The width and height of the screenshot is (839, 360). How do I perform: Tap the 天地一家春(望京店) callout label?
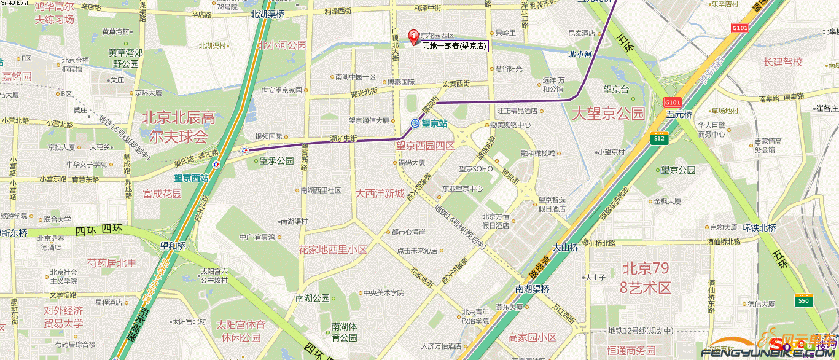tap(454, 45)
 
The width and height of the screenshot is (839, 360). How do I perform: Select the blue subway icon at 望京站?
tap(415, 123)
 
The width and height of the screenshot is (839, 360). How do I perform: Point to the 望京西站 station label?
tap(191, 178)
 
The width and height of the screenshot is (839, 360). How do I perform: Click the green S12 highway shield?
tap(659, 139)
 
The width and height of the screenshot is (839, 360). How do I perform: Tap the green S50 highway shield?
tap(803, 301)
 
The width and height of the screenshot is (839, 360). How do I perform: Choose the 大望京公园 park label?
tap(608, 113)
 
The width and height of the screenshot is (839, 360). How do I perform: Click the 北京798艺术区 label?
tap(647, 278)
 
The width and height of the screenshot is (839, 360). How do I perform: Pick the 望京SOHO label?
tap(476, 168)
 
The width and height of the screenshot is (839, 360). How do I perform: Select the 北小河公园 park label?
tap(282, 45)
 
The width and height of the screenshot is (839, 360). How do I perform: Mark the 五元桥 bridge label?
tap(679, 114)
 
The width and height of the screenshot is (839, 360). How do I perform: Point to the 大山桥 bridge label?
tap(565, 248)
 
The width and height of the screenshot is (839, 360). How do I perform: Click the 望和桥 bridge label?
tap(173, 246)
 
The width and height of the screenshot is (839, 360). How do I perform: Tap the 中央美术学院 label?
tap(383, 293)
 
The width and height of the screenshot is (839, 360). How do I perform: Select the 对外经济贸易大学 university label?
tap(63, 317)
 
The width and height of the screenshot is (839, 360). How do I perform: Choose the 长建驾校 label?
tap(783, 62)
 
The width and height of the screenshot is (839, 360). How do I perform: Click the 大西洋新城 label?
tap(380, 193)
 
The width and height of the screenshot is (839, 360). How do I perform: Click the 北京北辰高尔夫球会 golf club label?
tap(175, 126)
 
